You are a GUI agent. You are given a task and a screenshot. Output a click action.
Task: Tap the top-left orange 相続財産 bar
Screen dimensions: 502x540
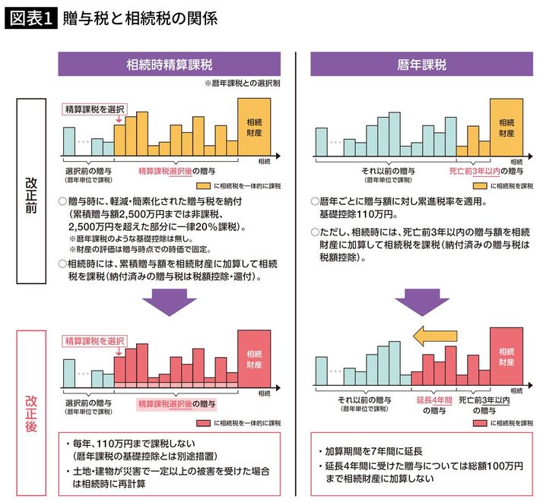point(253,126)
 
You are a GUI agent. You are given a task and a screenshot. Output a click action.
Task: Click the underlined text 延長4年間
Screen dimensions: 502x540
point(435,399)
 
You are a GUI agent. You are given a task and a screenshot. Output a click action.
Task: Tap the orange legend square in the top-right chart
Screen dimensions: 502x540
point(479,185)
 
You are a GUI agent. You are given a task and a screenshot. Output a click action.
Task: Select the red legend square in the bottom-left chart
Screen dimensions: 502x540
point(202,422)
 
